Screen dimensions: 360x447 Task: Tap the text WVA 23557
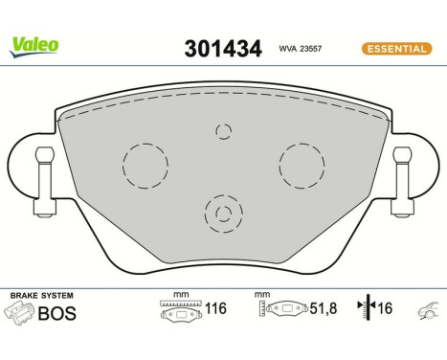[x=300, y=47]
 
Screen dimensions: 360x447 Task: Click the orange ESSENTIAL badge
[x=394, y=47]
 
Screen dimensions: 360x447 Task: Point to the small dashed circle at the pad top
[x=224, y=131]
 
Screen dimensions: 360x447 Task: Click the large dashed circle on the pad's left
[x=143, y=164]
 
